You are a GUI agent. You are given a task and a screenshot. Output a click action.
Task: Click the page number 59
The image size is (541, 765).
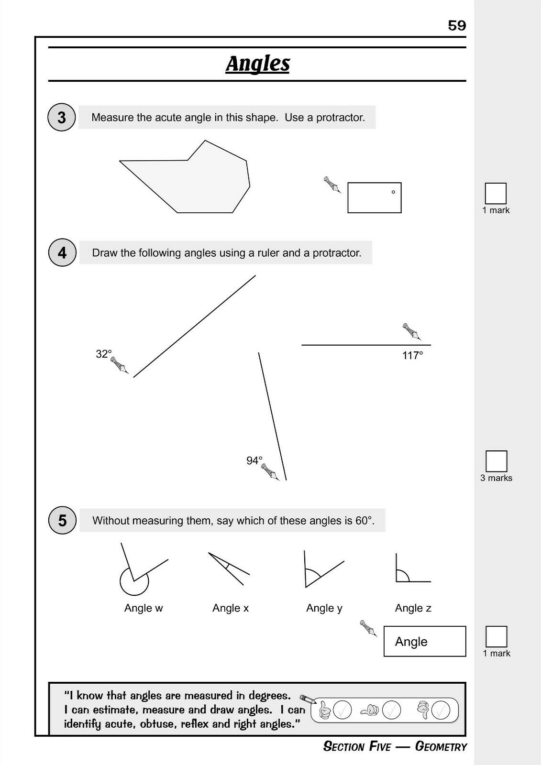click(x=457, y=25)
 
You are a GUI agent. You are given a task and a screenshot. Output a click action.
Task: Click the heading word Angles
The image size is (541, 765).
click(x=257, y=64)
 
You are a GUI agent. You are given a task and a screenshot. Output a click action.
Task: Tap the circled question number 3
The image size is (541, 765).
click(x=62, y=117)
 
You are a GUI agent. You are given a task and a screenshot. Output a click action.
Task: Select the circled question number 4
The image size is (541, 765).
click(x=62, y=252)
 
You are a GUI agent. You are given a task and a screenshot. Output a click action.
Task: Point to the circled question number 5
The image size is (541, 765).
click(x=62, y=520)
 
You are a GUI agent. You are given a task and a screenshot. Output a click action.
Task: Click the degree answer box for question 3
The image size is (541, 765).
click(x=374, y=197)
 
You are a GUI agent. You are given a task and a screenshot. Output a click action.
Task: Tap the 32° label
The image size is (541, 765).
click(x=104, y=354)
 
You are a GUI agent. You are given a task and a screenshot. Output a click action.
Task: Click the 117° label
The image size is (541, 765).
click(x=412, y=355)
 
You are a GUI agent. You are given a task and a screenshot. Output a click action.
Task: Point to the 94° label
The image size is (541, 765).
click(x=254, y=460)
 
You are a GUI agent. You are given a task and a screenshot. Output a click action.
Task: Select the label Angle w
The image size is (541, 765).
click(x=144, y=608)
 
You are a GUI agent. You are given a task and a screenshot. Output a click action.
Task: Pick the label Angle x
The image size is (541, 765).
click(x=231, y=608)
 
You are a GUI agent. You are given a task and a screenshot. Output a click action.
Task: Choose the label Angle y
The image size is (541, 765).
click(x=324, y=608)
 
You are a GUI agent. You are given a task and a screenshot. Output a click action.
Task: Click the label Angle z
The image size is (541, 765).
click(x=413, y=608)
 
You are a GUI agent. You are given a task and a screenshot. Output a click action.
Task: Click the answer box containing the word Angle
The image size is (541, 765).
click(x=424, y=641)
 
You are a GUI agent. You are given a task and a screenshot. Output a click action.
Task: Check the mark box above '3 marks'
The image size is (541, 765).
click(x=496, y=461)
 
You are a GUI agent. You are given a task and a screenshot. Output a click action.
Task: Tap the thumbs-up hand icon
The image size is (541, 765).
click(x=325, y=710)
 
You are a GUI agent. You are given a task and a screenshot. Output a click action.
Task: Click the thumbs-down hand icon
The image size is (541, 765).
click(x=423, y=710)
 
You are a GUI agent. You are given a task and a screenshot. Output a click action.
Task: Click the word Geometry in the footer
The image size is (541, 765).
click(x=441, y=747)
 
